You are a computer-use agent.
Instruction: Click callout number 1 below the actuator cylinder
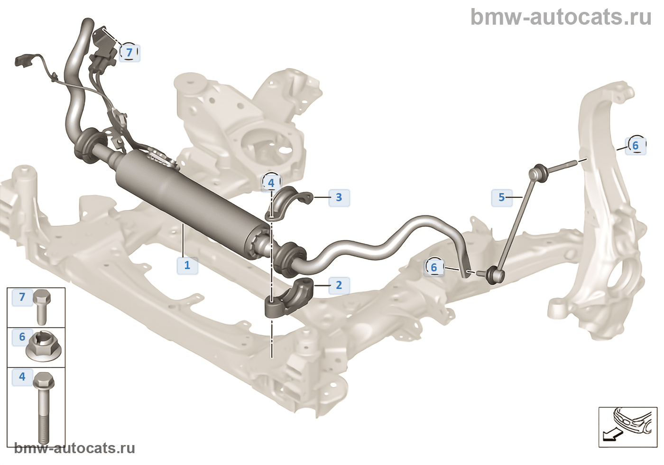pos(187,265)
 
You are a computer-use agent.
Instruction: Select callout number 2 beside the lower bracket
pos(339,285)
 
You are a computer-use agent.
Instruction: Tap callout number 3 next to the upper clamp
pos(339,197)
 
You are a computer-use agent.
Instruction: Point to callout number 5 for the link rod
pos(502,197)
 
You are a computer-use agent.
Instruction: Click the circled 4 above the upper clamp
pos(271,183)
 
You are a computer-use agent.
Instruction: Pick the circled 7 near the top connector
pos(129,52)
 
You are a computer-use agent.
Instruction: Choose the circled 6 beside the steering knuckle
pos(636,145)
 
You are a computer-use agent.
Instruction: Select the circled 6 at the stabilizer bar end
pos(433,268)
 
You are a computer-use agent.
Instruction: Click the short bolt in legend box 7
pos(42,306)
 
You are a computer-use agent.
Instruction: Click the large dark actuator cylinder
pos(190,199)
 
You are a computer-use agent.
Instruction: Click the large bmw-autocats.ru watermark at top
pos(561,17)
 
